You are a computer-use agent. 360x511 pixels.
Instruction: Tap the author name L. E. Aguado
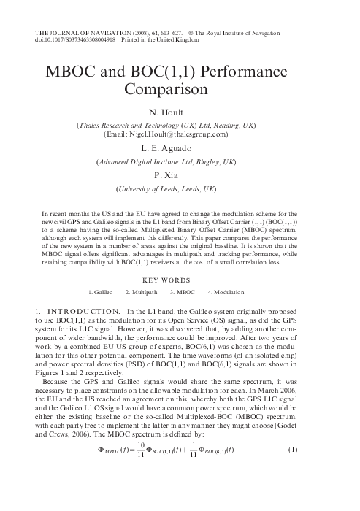pyautogui.click(x=180, y=148)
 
